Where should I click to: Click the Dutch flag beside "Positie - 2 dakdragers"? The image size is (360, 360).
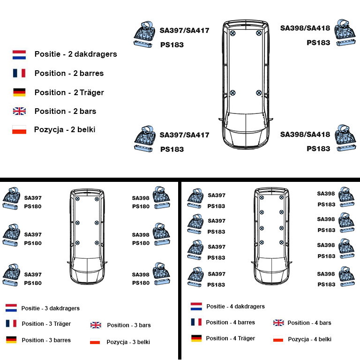click(19, 55)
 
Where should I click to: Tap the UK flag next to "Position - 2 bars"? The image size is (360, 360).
click(19, 111)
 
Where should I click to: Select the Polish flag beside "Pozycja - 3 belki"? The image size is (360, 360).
click(95, 341)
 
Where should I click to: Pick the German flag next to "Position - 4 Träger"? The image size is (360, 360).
click(196, 338)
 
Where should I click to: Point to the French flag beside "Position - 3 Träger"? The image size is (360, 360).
click(11, 323)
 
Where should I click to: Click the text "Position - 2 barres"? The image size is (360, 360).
click(69, 73)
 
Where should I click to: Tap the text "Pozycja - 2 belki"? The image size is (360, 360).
click(65, 129)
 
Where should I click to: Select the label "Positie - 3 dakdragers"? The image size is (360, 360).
click(51, 308)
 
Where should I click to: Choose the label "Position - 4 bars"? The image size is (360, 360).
click(309, 323)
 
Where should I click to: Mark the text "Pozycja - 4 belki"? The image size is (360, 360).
click(309, 339)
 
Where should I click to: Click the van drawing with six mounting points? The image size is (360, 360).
click(87, 236)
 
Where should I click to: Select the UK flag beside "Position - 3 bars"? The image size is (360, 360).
click(96, 325)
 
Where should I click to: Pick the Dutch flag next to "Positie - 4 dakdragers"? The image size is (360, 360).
click(196, 306)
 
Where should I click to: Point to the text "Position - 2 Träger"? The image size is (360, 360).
click(69, 92)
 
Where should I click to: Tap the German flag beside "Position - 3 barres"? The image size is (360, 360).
click(11, 339)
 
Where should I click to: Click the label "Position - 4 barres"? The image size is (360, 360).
click(230, 322)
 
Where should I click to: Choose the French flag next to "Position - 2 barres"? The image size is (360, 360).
click(19, 73)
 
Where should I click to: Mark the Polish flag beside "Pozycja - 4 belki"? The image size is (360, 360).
click(278, 338)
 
